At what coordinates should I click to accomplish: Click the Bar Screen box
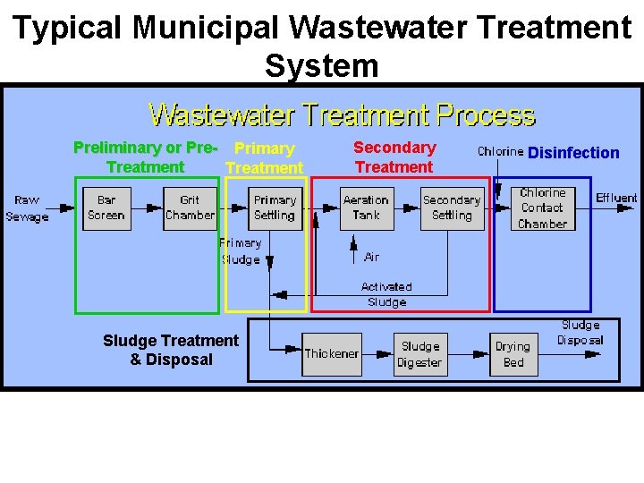(106, 208)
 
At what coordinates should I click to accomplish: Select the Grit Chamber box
(190, 208)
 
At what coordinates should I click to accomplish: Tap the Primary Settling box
(274, 208)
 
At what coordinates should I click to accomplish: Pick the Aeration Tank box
(366, 208)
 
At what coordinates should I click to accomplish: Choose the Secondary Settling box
(452, 208)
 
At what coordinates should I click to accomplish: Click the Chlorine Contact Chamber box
(542, 208)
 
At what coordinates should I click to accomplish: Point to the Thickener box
(332, 354)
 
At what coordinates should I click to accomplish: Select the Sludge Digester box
(420, 354)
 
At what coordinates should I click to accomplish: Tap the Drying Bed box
(513, 354)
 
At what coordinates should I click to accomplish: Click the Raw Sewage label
(27, 208)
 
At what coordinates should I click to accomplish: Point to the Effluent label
(616, 198)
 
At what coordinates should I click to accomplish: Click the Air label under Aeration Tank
(371, 257)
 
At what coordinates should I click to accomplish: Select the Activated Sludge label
(386, 294)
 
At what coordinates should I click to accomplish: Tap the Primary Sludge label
(241, 251)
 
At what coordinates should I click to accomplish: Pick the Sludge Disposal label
(580, 333)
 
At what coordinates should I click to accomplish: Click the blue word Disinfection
(573, 153)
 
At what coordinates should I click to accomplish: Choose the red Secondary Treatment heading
(394, 157)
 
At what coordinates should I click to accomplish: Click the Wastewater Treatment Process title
(342, 115)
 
